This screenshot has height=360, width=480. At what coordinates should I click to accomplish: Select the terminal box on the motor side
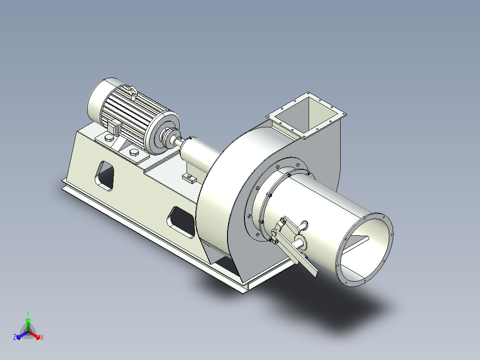click(x=114, y=127)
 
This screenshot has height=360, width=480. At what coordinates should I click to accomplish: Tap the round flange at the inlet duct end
click(x=364, y=250)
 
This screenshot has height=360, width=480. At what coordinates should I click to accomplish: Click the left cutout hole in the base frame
click(x=105, y=176)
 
